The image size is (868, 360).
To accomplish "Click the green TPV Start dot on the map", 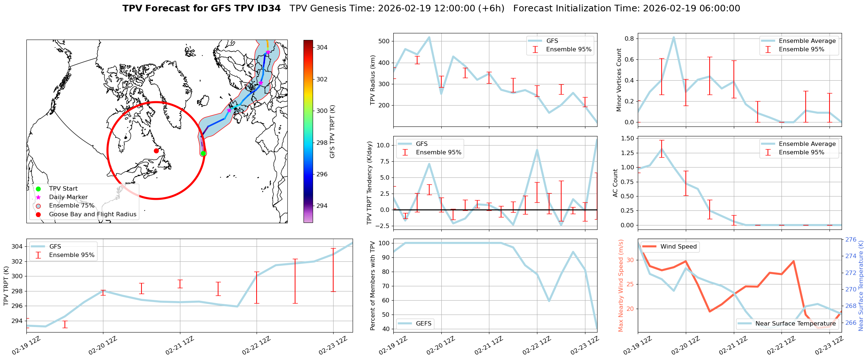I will click(x=203, y=153).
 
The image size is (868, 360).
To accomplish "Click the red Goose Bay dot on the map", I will click(x=156, y=151).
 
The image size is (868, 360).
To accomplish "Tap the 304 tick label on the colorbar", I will click(x=322, y=47).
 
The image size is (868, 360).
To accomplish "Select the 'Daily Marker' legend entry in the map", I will click(x=68, y=197).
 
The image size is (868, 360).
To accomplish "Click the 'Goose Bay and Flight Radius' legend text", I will click(x=92, y=214).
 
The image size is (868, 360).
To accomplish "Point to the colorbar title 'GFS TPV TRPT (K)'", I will click(x=332, y=131).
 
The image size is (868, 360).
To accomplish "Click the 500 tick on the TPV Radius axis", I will click(x=384, y=41).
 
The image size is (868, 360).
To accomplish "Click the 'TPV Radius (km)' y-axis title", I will click(x=373, y=80).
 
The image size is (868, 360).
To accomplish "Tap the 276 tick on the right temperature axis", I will click(x=851, y=240).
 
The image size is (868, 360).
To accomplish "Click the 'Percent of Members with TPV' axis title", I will click(x=373, y=286).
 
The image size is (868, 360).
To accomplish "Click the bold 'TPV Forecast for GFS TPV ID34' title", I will click(x=201, y=8).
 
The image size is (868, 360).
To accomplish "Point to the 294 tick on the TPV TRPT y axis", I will click(x=17, y=321).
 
